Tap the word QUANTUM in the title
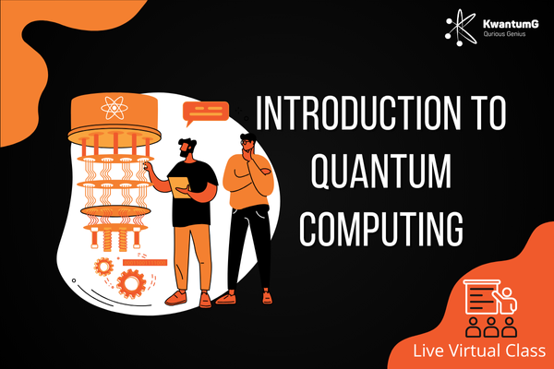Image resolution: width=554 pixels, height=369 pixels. [381, 171]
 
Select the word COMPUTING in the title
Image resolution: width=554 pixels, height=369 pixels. [381, 229]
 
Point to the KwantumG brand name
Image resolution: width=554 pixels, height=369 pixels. [511, 24]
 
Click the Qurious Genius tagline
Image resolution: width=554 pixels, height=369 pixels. [504, 34]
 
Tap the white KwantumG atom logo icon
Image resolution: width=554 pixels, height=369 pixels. [460, 28]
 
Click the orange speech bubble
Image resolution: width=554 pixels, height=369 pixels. [205, 113]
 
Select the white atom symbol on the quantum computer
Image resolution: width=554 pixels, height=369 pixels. [114, 107]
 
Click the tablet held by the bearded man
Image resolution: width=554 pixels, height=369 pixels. [180, 186]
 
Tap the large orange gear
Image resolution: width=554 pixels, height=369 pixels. [131, 283]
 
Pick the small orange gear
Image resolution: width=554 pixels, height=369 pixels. [103, 267]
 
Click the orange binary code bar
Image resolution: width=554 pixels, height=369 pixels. [145, 263]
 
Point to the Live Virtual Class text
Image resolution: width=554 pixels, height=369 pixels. [479, 351]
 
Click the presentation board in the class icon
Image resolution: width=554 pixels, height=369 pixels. [481, 297]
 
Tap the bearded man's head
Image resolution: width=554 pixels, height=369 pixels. [187, 149]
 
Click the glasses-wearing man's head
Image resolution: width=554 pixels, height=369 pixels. [248, 143]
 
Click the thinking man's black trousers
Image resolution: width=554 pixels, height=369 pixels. [250, 248]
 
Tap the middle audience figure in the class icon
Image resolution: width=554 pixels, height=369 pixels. [491, 327]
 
